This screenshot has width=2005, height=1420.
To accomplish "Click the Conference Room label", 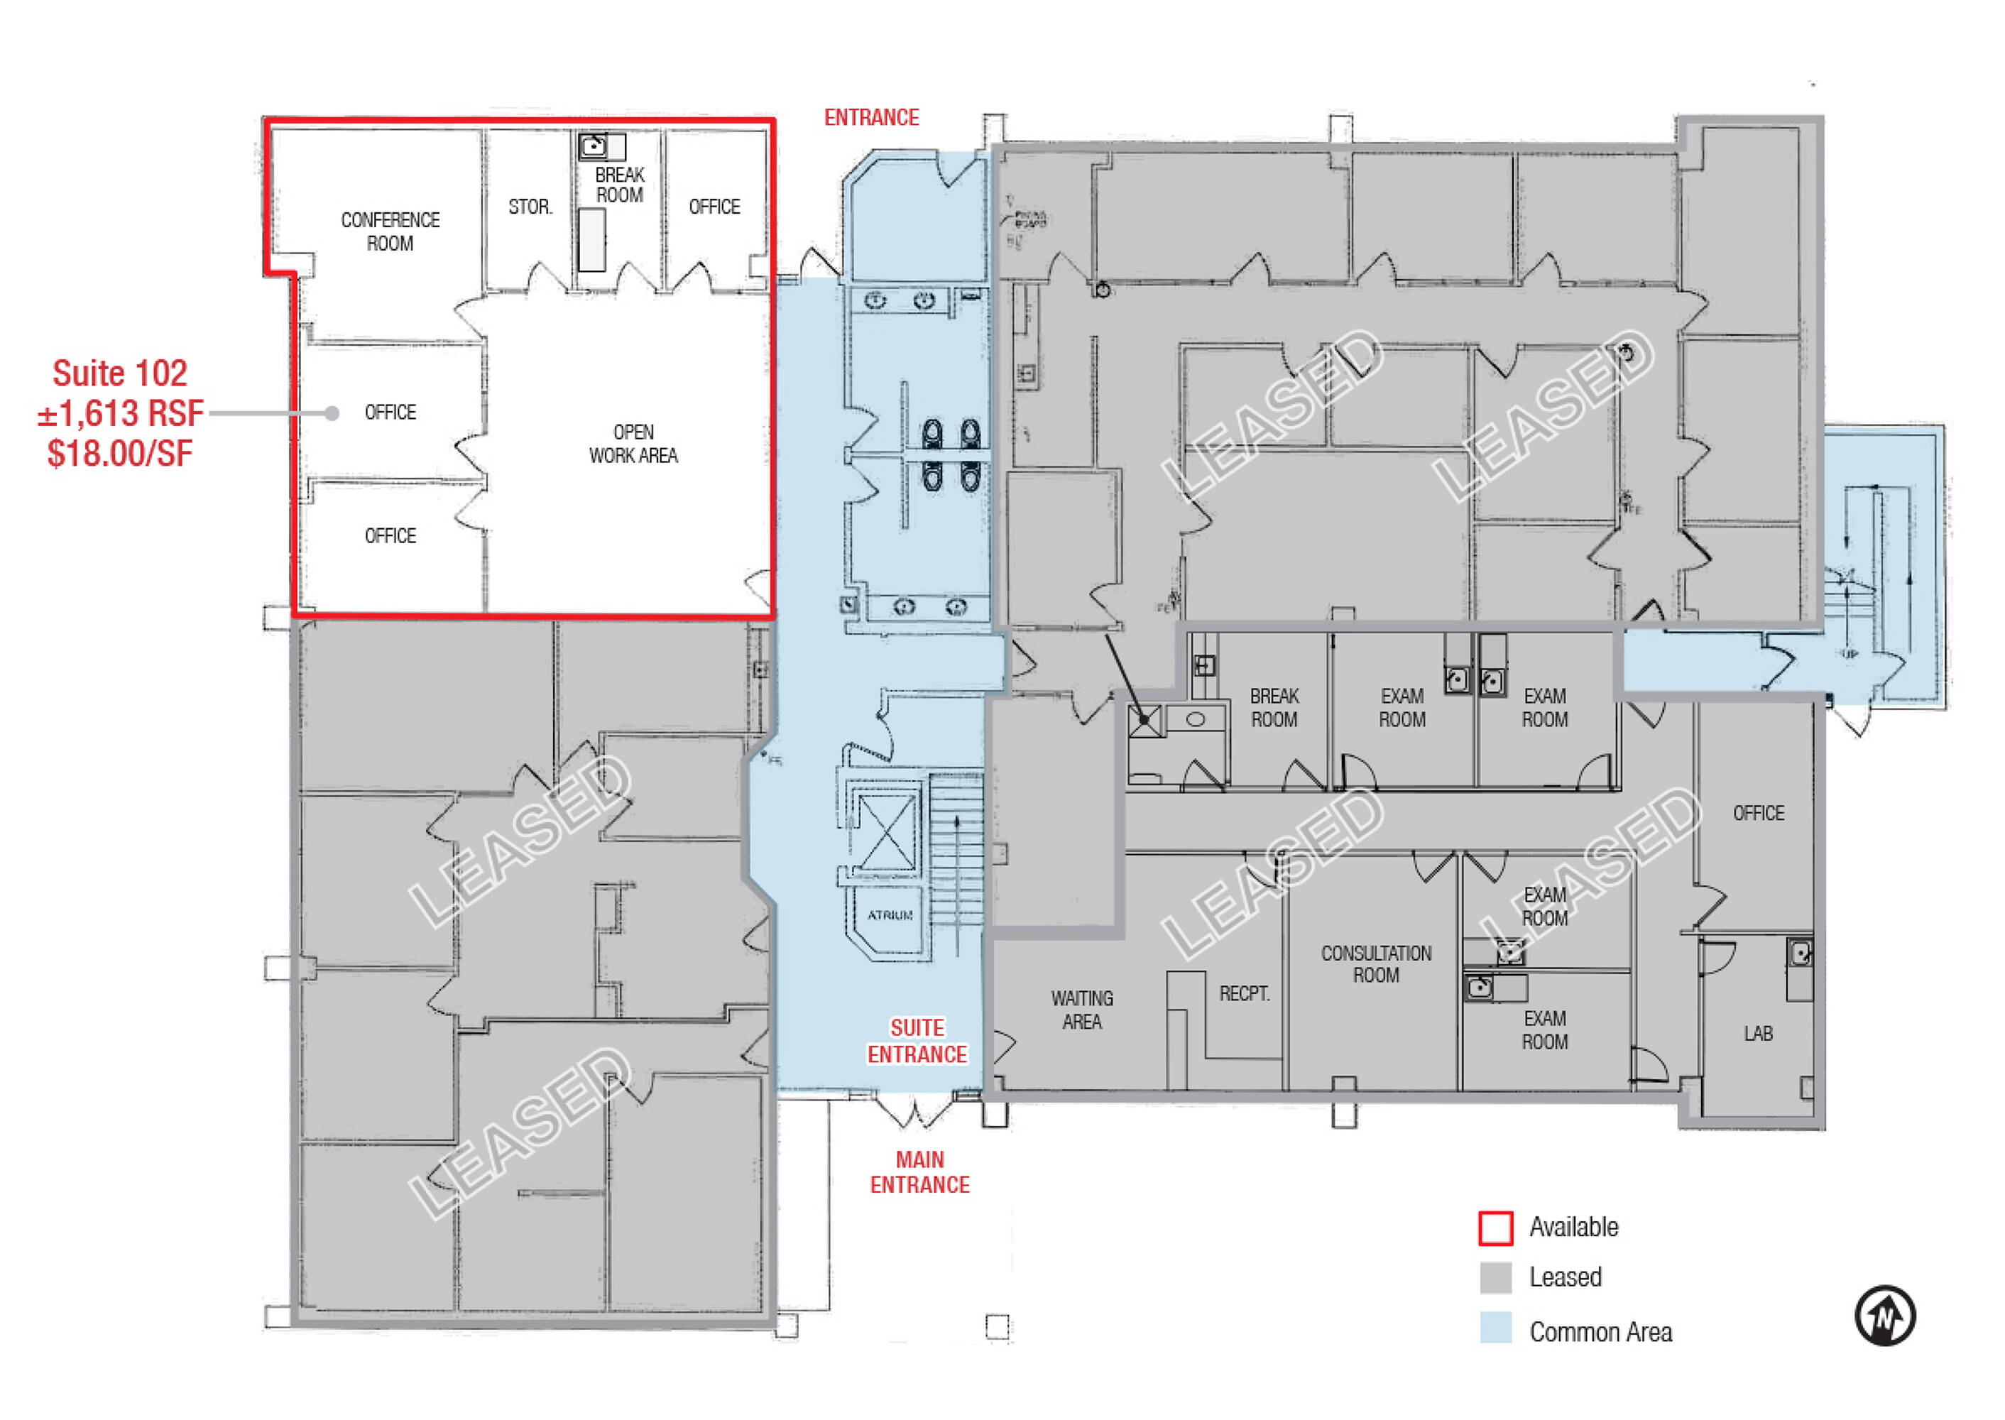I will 390,231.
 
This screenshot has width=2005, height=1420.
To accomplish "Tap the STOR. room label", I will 530,207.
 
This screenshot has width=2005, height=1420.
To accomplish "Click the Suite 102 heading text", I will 120,373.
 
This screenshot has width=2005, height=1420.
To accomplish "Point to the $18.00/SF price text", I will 120,454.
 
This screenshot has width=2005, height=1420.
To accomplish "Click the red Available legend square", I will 1495,1228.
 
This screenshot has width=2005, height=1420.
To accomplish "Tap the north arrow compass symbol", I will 1884,1315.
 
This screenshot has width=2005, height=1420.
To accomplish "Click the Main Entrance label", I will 920,1172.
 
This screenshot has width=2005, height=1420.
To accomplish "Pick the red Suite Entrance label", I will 917,1042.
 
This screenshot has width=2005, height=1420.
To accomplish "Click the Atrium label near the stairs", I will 890,915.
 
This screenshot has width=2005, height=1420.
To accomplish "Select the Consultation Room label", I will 1375,964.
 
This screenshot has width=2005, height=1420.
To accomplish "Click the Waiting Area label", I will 1081,1010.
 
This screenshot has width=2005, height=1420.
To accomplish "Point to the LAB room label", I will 1757,1034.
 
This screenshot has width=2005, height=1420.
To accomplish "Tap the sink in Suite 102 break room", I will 594,145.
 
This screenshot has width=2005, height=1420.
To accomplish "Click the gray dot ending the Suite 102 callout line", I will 332,414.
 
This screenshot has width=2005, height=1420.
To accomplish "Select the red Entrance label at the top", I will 871,118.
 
